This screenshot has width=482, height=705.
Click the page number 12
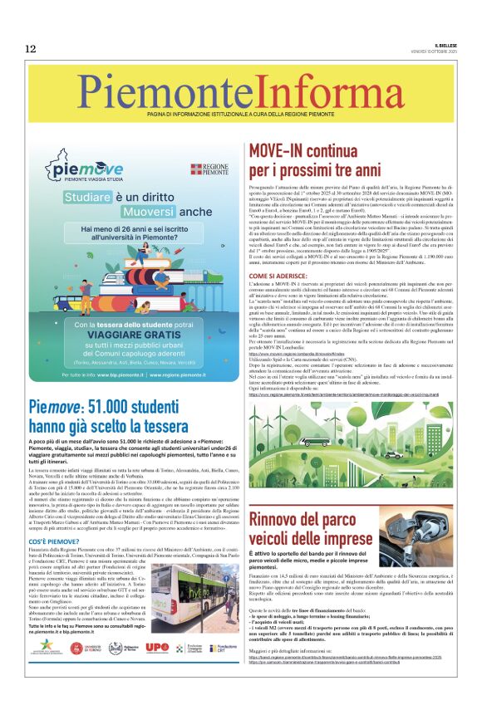tap(31, 48)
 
